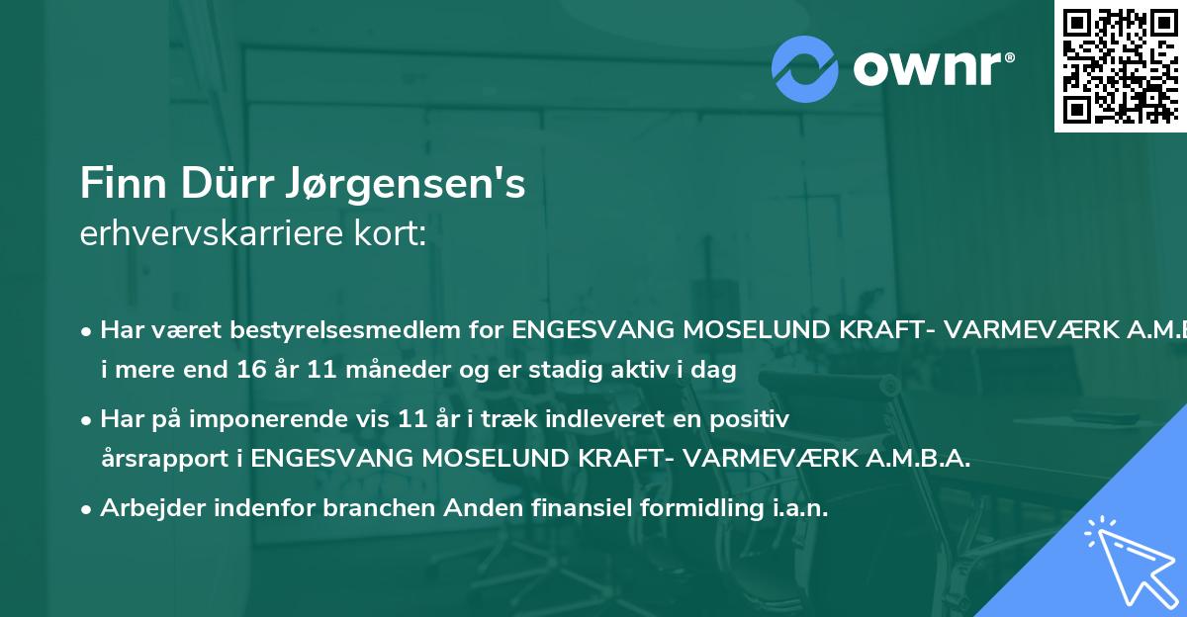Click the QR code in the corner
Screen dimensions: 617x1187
1120,65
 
